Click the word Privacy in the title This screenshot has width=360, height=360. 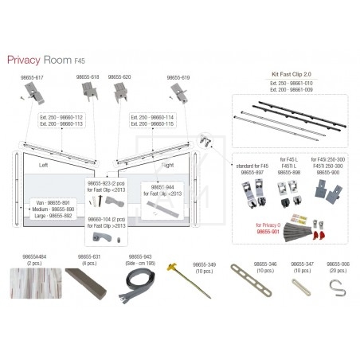(26, 60)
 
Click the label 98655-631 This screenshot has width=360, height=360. (89, 256)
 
